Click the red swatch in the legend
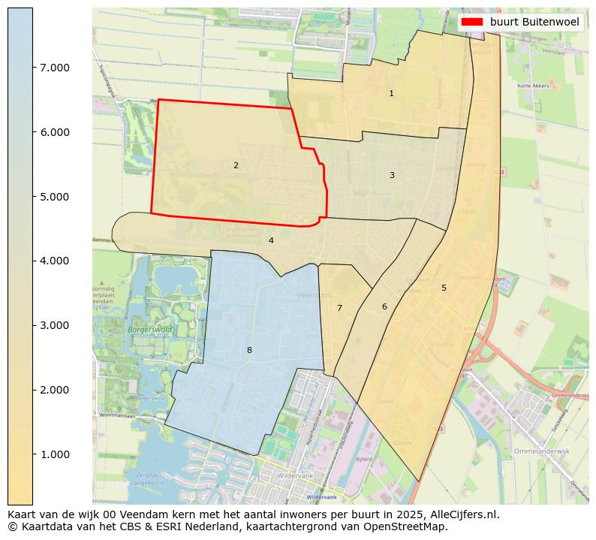[473, 23]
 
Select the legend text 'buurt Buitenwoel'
[534, 23]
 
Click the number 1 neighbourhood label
[391, 94]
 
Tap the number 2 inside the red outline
[236, 165]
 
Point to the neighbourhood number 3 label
[392, 175]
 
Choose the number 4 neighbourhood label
[271, 241]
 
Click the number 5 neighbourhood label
[444, 288]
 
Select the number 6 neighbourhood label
[384, 306]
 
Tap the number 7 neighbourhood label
[339, 308]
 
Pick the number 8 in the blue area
[249, 350]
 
